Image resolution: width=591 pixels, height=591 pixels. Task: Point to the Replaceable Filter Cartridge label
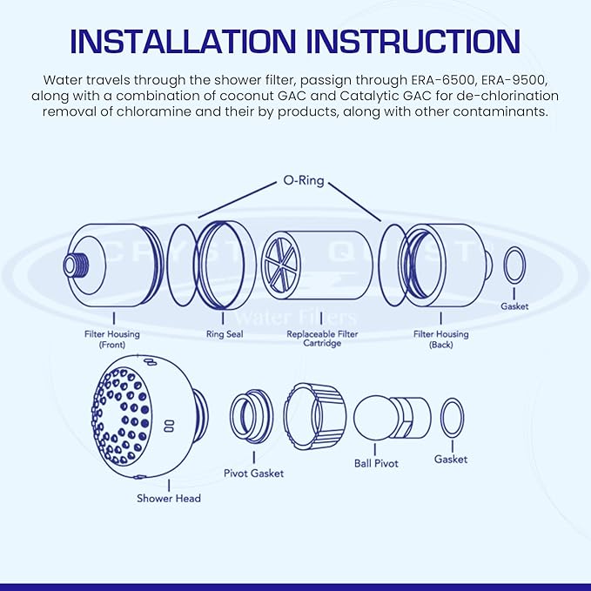coord(319,339)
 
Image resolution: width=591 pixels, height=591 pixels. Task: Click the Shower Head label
coord(168,498)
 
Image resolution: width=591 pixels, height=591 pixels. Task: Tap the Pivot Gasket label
coord(253,473)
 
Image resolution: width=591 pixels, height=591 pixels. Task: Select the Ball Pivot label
coord(376,463)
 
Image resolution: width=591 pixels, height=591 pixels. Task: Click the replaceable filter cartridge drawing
coord(317,265)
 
